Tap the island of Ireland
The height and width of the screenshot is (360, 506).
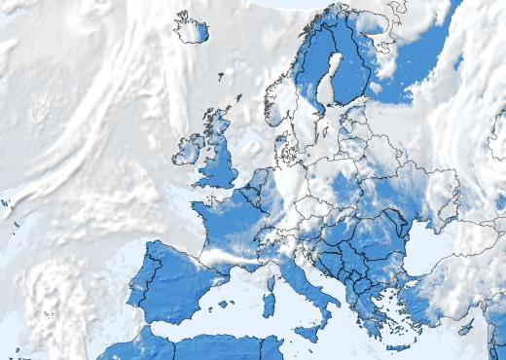coord(187,150)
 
